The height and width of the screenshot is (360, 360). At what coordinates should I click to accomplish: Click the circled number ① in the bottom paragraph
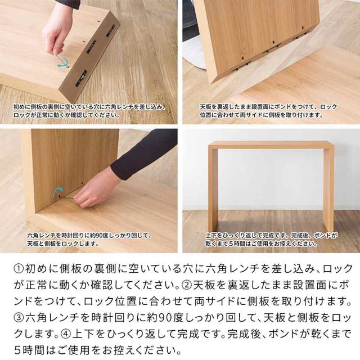tap(19, 269)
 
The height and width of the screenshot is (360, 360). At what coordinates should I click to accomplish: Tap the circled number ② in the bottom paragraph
tap(187, 285)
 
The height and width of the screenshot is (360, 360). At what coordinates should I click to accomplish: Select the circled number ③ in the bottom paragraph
tap(19, 318)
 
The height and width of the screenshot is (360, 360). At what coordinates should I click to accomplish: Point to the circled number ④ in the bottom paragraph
tap(66, 335)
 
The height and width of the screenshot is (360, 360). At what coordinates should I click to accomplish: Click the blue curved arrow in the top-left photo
tap(63, 63)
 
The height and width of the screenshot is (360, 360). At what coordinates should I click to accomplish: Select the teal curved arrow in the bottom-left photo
tap(57, 192)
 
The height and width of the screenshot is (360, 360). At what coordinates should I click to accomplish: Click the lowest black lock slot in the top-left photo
tap(81, 78)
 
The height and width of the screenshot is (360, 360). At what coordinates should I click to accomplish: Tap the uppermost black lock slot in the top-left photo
tap(112, 30)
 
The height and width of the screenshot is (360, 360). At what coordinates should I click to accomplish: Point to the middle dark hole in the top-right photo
tap(273, 43)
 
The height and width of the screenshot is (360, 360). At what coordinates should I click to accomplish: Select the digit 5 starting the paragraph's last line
tap(17, 351)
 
